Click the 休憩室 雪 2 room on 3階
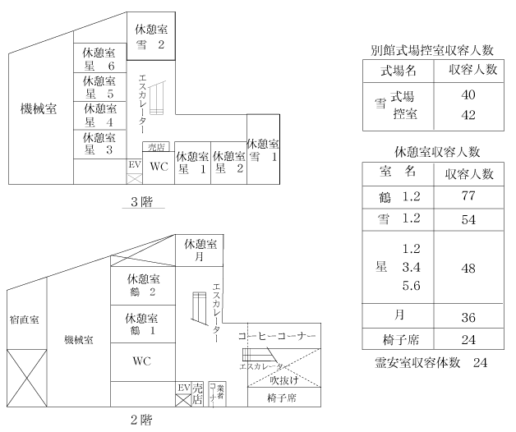pos(151,36)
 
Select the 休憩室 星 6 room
pos(100,58)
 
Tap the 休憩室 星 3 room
pos(100,145)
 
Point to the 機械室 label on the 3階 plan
pos(39,108)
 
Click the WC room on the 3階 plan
pos(159,168)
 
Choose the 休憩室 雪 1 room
pos(263,149)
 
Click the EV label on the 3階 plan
pos(135,164)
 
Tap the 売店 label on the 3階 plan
pos(156,147)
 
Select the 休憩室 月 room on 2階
pos(200,250)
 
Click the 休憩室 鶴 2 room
pos(143,286)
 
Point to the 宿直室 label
pos(25,319)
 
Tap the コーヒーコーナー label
pos(277,336)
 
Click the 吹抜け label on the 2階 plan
pos(284,380)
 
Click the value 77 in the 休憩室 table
pos(468,196)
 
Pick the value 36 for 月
pos(468,318)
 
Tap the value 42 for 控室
pos(468,115)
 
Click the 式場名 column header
pos(399,71)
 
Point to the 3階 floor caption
pos(142,202)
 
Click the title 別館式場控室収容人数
pos(432,50)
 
